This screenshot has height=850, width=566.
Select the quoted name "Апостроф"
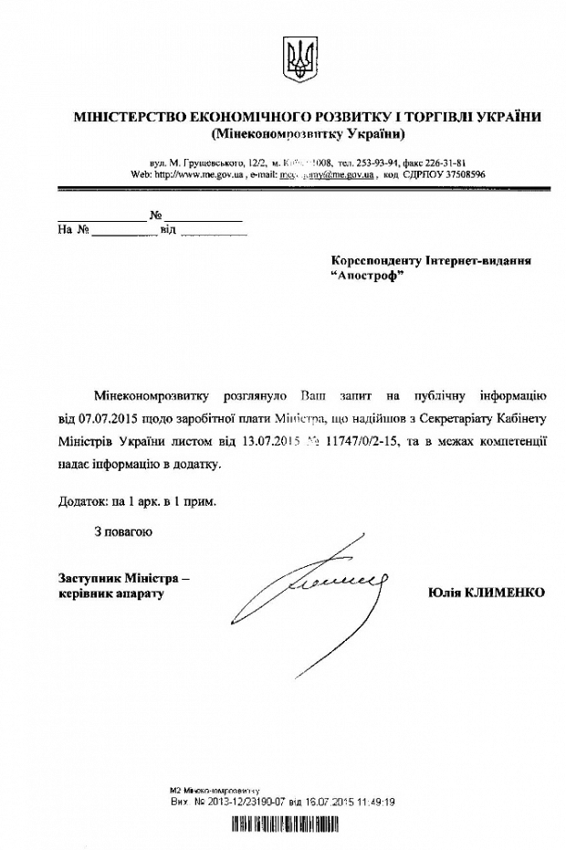click(x=367, y=278)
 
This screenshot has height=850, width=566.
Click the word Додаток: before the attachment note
click(x=77, y=501)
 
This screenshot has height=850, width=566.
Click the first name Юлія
click(x=446, y=593)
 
